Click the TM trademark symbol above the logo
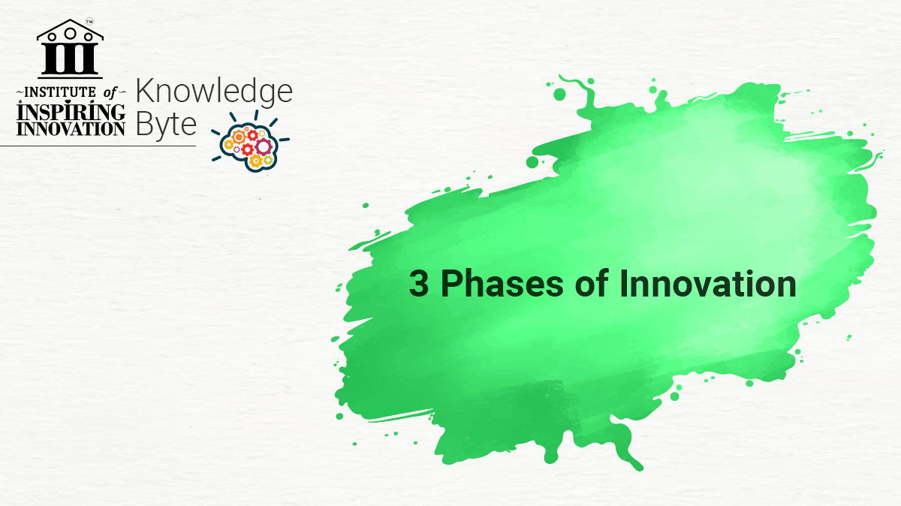(89, 22)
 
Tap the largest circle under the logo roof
(70, 33)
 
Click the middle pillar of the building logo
(70, 59)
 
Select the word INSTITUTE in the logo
(60, 92)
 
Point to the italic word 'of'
(110, 93)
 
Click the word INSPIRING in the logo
(71, 111)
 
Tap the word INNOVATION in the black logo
(71, 129)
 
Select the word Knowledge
(214, 92)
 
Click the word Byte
(166, 125)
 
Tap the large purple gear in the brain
(264, 146)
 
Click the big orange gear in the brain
(239, 137)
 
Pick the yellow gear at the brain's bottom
(256, 161)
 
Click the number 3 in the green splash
(419, 284)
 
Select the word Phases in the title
(502, 283)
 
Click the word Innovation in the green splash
(707, 283)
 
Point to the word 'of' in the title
(592, 283)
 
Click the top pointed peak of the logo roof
(70, 20)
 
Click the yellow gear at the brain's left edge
(228, 144)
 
